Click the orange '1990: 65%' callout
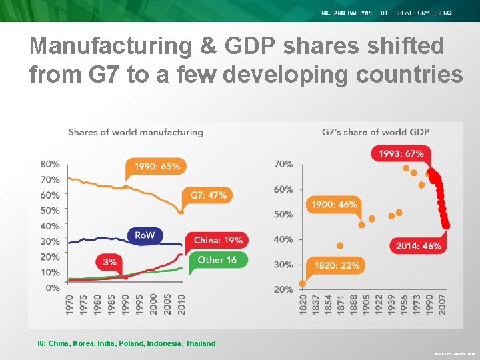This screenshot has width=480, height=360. (157, 166)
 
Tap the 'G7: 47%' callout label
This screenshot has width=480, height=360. (208, 195)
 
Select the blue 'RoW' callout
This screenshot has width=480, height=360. (145, 235)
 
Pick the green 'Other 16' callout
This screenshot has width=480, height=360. (217, 259)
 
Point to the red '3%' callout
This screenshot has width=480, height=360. (110, 262)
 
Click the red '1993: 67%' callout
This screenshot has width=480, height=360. (400, 153)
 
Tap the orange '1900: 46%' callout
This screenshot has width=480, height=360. (334, 205)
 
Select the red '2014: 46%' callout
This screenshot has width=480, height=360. (418, 245)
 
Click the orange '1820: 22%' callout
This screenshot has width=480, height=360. (337, 265)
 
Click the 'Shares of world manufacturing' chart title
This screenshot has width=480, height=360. (135, 132)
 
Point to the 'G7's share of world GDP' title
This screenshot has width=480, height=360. (375, 132)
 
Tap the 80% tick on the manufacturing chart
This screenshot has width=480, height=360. (51, 164)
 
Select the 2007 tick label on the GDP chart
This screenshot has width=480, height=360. (442, 304)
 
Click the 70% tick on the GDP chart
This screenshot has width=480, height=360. (283, 164)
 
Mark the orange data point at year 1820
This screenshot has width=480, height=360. (302, 283)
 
